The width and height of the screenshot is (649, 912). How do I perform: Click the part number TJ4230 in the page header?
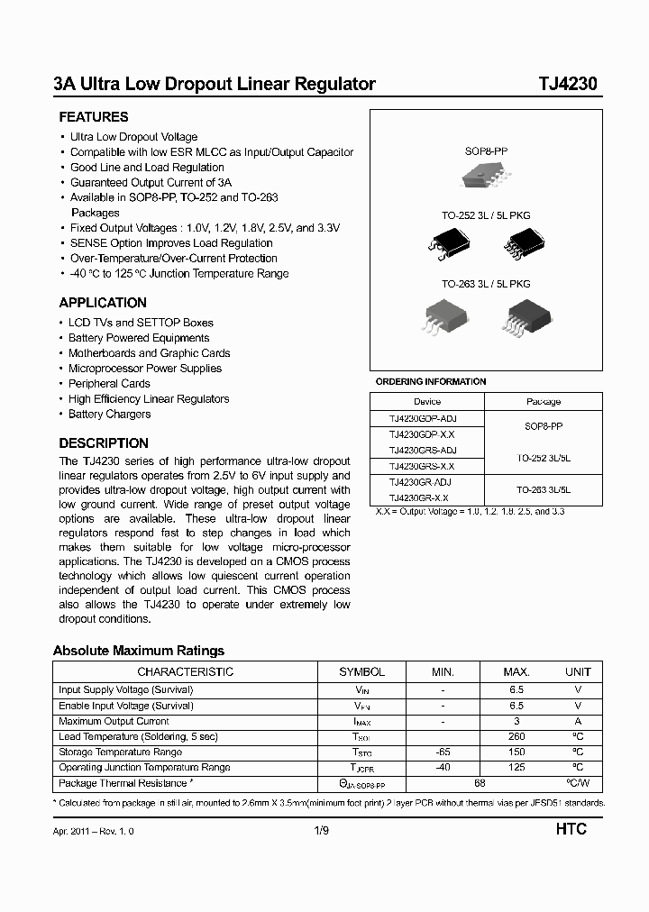click(567, 85)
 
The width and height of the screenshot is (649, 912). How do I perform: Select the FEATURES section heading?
click(94, 117)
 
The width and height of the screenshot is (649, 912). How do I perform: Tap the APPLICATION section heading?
click(103, 303)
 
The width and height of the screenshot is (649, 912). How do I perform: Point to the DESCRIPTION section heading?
click(104, 443)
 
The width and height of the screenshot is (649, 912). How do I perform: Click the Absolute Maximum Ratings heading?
click(139, 651)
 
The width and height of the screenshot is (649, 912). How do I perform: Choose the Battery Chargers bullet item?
click(110, 415)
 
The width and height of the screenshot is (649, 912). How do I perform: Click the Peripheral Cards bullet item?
click(110, 384)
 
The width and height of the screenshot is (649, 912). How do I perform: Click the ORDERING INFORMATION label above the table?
click(431, 382)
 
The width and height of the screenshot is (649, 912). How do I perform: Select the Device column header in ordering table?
click(427, 402)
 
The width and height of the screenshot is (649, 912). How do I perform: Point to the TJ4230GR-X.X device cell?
click(419, 497)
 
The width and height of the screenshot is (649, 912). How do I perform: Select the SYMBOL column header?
click(361, 672)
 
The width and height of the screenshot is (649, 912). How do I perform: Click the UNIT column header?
click(578, 672)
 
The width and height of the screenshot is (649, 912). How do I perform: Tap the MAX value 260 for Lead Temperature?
click(516, 737)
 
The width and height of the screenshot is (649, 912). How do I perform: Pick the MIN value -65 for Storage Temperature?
click(443, 752)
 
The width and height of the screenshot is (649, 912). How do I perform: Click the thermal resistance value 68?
click(480, 783)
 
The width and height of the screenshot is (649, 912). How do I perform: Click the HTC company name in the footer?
click(570, 829)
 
